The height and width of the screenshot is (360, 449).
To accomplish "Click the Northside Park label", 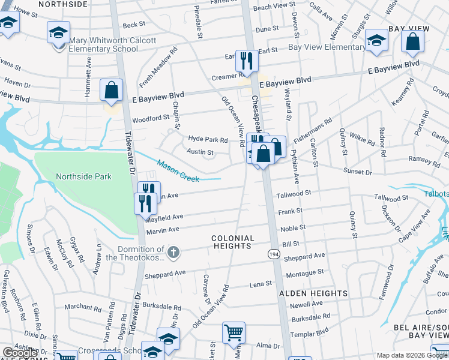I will [84, 176].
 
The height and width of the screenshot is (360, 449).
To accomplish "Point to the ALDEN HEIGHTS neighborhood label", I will [313, 293].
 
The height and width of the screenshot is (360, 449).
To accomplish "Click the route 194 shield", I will [273, 254].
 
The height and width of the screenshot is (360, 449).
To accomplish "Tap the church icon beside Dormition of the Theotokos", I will [173, 252].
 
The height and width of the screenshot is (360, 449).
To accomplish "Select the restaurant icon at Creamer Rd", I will [247, 61].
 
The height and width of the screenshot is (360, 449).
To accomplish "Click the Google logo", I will [20, 353].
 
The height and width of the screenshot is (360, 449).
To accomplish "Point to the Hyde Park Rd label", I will [208, 139].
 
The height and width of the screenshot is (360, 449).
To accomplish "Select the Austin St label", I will [200, 152].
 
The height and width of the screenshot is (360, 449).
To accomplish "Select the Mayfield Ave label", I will [164, 217].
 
